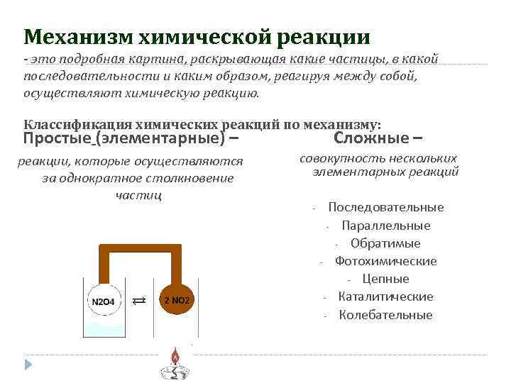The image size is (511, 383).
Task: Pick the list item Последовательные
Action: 385,207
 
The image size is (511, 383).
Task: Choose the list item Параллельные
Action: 385,226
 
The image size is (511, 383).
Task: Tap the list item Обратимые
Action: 385,243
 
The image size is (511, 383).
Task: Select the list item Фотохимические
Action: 385,261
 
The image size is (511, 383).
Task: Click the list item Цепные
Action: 385,279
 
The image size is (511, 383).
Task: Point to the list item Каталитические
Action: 385,296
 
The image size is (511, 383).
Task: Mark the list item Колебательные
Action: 385,315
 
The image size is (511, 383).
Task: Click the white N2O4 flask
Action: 104,301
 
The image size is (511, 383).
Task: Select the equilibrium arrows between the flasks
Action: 140,301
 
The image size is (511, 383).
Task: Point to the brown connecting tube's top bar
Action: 139,248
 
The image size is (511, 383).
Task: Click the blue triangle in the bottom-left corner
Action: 29,365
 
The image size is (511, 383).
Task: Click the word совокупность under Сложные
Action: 342,159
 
